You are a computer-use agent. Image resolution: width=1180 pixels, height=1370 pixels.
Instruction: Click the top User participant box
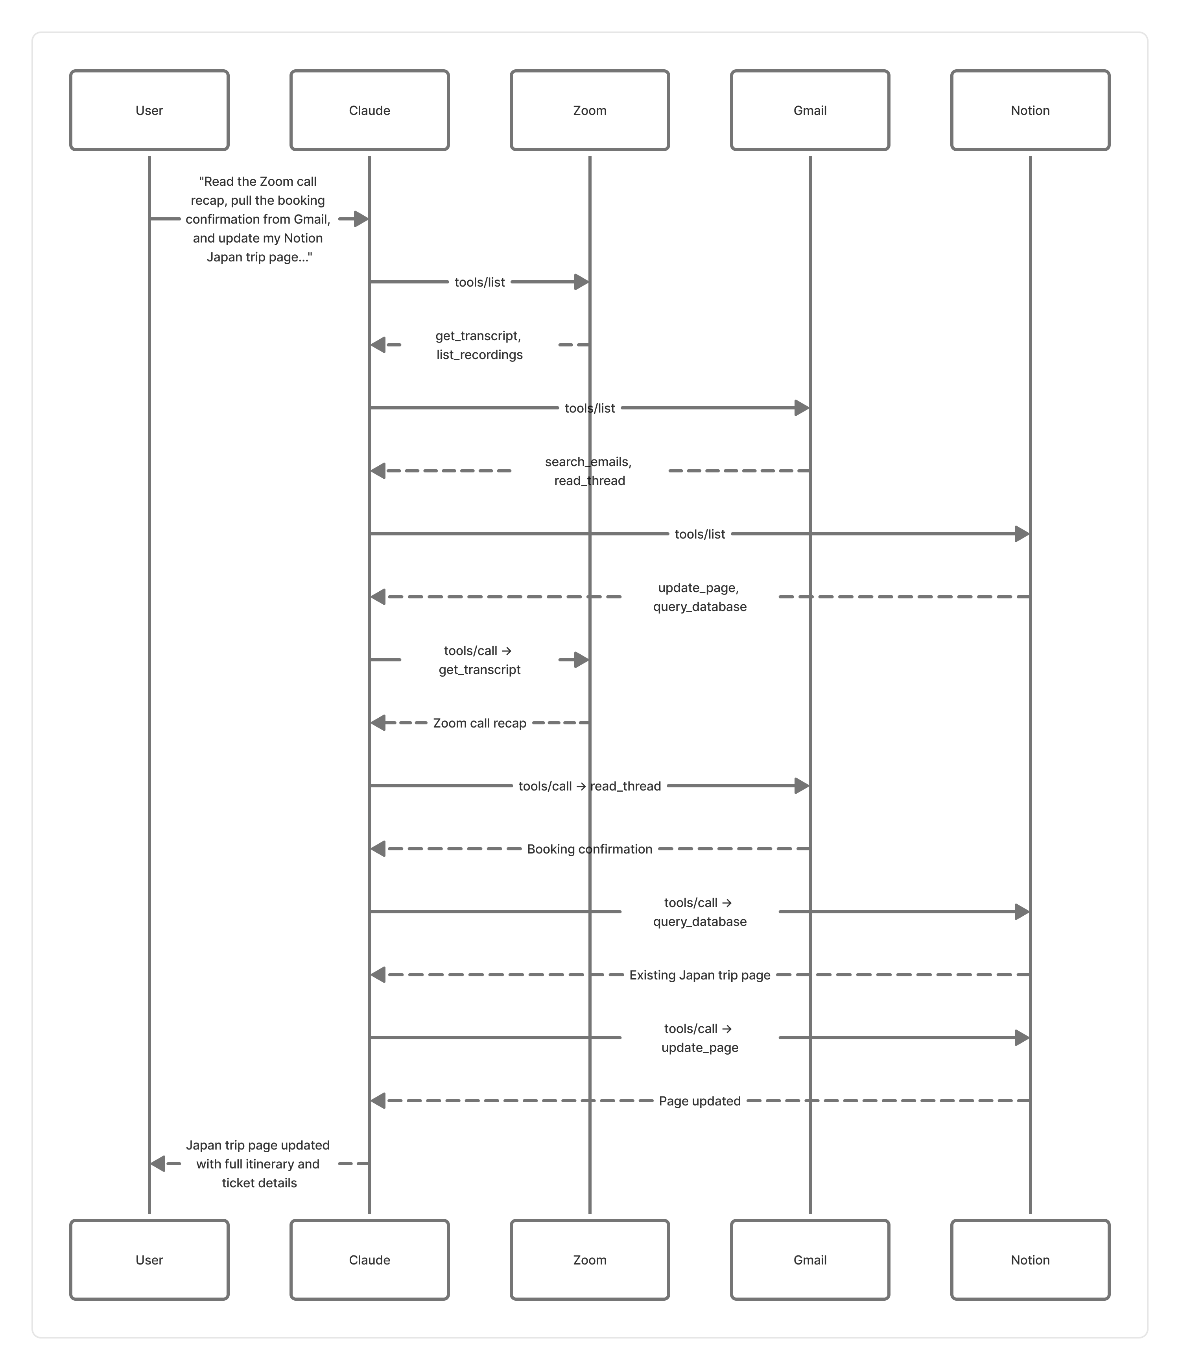[x=149, y=110]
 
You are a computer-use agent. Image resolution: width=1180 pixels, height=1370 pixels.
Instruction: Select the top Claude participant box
[x=369, y=110]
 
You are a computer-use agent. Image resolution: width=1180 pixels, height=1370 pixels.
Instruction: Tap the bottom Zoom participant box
[x=589, y=1260]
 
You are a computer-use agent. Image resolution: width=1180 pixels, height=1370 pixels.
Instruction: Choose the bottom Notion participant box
[x=1030, y=1260]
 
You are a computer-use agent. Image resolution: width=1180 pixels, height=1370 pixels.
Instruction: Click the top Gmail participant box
[x=810, y=110]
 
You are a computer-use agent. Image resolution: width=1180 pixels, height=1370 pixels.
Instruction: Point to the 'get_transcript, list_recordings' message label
[x=479, y=345]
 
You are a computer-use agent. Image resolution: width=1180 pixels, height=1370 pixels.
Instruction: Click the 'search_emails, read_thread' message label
[x=589, y=471]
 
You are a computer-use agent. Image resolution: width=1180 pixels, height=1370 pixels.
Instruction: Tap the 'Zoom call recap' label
[x=479, y=723]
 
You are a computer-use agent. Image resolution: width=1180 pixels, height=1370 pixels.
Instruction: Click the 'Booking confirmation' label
[x=589, y=849]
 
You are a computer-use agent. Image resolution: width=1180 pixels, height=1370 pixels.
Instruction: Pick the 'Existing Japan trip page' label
[x=700, y=975]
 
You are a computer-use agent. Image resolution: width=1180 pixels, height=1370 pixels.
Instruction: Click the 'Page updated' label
[x=700, y=1101]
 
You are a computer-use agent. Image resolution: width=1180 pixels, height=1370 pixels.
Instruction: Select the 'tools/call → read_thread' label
[x=589, y=786]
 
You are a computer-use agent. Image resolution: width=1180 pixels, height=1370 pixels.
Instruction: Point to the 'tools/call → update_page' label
[x=700, y=1038]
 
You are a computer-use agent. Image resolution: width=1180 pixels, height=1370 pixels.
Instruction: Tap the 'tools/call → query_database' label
[x=700, y=912]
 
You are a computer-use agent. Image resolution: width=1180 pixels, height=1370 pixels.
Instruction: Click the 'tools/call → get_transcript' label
[x=479, y=660]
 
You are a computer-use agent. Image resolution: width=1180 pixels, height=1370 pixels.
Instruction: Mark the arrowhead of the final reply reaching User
[x=158, y=1164]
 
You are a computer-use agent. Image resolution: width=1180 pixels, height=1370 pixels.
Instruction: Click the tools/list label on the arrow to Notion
[x=700, y=534]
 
